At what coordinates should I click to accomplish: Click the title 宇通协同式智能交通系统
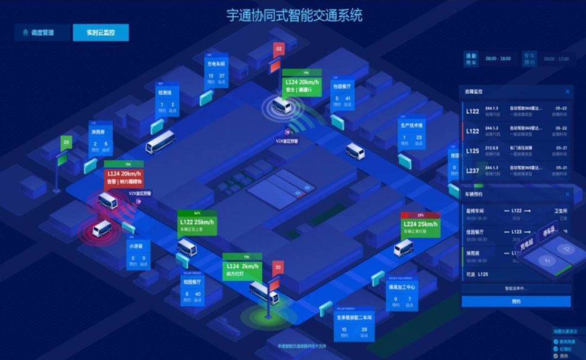tap(294, 15)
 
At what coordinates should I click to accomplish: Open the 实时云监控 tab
tap(100, 32)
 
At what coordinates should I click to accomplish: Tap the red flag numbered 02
tap(278, 48)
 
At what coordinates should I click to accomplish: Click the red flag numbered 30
tap(278, 268)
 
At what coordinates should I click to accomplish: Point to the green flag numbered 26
tap(66, 142)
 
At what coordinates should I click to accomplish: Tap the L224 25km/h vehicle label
tap(421, 226)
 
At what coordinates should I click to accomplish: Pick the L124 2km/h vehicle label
tap(242, 268)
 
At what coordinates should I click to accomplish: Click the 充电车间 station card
tap(216, 72)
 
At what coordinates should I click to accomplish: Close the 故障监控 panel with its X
tap(567, 92)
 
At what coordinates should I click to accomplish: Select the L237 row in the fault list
tap(516, 172)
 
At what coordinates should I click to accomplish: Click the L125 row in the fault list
tap(516, 151)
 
